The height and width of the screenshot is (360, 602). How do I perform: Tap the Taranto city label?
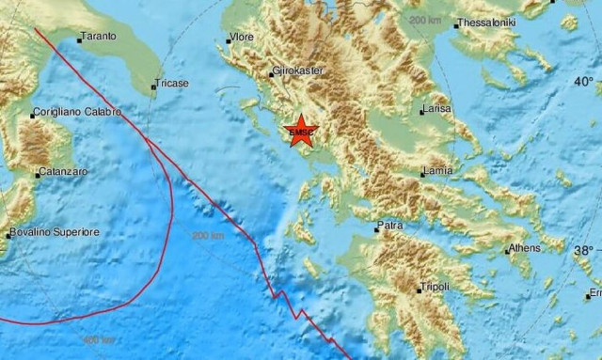pos(99,36)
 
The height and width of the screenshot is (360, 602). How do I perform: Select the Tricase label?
pos(173,84)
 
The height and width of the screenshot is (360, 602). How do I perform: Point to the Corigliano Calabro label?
pos(76,112)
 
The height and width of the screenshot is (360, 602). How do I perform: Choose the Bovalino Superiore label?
pos(48,231)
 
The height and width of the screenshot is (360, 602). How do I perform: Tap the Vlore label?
pos(242,39)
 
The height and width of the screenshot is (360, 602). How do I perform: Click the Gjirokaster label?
pos(298,71)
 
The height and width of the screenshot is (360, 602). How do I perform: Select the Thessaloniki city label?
pos(489,23)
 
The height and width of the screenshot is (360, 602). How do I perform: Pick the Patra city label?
pos(390,226)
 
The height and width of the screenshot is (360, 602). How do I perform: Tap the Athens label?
pos(523,248)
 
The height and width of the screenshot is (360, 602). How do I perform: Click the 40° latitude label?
pos(584,82)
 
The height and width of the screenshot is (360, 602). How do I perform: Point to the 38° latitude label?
pos(584,250)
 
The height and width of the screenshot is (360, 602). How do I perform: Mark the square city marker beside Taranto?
pos(79,39)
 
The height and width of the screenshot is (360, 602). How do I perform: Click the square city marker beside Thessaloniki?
pos(456,26)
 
